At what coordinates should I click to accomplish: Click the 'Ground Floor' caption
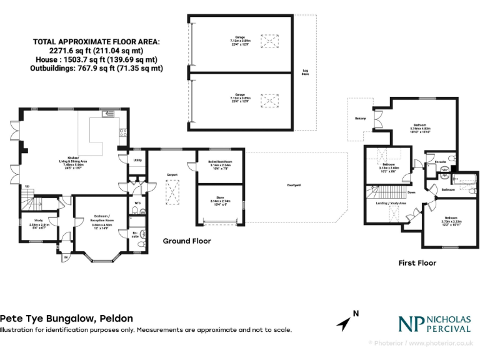pyautogui.click(x=187, y=241)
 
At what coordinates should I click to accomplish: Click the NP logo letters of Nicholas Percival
pyautogui.click(x=411, y=322)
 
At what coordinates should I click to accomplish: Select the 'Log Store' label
pyautogui.click(x=305, y=72)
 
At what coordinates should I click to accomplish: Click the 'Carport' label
pyautogui.click(x=173, y=175)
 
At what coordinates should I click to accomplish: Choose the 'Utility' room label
pyautogui.click(x=137, y=161)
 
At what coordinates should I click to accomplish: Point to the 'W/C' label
pyautogui.click(x=137, y=202)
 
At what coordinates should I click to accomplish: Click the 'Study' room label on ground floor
pyautogui.click(x=39, y=220)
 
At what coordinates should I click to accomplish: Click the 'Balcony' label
pyautogui.click(x=360, y=119)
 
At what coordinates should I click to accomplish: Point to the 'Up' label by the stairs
pyautogui.click(x=27, y=186)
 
